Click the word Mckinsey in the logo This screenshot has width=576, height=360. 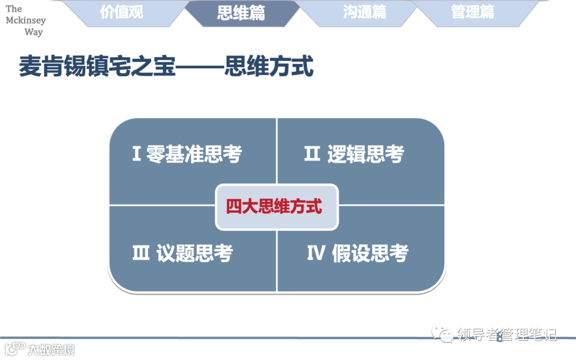26,20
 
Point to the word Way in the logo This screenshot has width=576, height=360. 34,32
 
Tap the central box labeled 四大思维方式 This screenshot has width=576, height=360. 276,207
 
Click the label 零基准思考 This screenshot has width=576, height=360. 194,155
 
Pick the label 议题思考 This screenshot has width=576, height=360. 195,253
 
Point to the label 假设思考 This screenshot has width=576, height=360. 370,253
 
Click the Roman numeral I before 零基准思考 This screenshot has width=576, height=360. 137,155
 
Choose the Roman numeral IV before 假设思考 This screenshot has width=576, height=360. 316,253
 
